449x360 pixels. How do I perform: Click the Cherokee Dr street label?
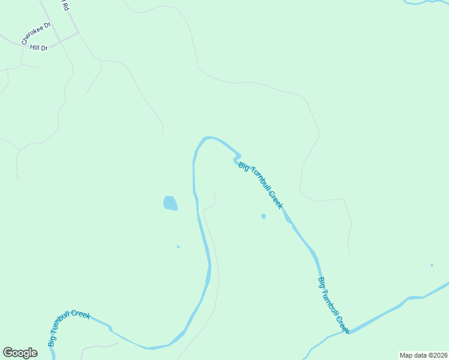click(37, 34)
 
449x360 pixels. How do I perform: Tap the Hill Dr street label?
click(38, 47)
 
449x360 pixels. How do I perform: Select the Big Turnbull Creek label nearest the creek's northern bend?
click(261, 185)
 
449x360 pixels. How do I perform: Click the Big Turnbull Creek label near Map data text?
click(333, 305)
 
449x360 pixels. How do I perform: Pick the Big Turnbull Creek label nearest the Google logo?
click(68, 327)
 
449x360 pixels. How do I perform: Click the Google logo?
click(20, 353)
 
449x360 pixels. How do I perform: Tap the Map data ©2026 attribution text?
click(423, 355)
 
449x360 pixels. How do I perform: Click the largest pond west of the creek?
click(170, 203)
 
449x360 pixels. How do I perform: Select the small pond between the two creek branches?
click(263, 216)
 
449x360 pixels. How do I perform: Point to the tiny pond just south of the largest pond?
click(178, 246)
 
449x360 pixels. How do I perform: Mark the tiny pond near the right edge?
click(432, 265)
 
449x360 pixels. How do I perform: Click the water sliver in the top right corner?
click(426, 2)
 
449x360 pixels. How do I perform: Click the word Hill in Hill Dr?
click(34, 47)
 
